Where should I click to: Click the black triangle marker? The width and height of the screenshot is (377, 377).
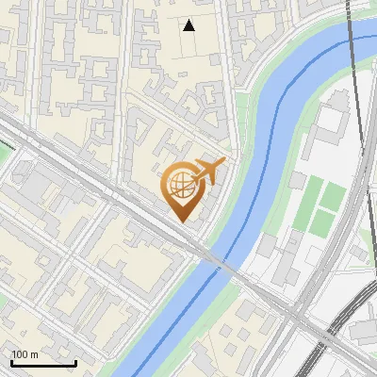click(x=189, y=25)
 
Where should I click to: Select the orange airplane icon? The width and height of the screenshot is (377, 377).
click(x=209, y=172)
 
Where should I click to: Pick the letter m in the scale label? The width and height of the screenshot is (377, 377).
click(x=34, y=354)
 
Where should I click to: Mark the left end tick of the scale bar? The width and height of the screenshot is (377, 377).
click(x=11, y=362)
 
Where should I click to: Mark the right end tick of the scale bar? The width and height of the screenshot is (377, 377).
click(x=75, y=362)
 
